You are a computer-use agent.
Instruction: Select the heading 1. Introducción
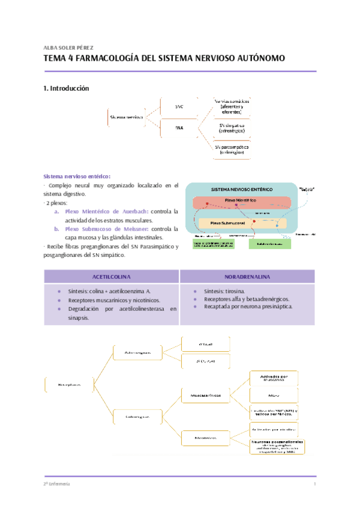pyautogui.click(x=66, y=88)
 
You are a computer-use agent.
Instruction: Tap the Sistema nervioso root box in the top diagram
pyautogui.click(x=127, y=117)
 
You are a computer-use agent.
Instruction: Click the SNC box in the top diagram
pyautogui.click(x=179, y=106)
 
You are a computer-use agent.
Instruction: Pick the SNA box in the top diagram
pyautogui.click(x=179, y=128)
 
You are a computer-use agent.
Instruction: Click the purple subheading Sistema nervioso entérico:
pyautogui.click(x=76, y=176)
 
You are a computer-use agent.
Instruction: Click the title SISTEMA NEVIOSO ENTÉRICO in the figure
pyautogui.click(x=241, y=189)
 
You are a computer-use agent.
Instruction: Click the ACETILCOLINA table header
pyautogui.click(x=112, y=276)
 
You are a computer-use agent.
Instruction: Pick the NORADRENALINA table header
pyautogui.click(x=247, y=276)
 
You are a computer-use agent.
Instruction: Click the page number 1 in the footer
pyautogui.click(x=314, y=484)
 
